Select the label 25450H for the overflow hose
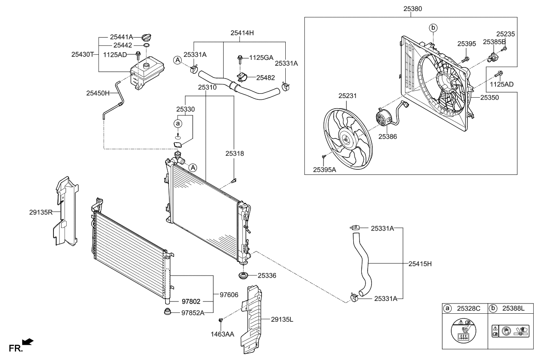[98, 93]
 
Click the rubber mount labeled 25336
[244, 276]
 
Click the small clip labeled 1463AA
[221, 320]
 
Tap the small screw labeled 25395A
[324, 157]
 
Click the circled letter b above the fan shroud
[433, 28]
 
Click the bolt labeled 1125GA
[240, 57]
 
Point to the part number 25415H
[420, 264]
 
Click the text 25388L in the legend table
[513, 309]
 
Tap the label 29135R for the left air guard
[41, 211]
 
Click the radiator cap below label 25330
[177, 146]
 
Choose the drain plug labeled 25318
[233, 182]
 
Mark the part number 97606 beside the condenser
[229, 294]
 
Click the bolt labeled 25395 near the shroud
[466, 59]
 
